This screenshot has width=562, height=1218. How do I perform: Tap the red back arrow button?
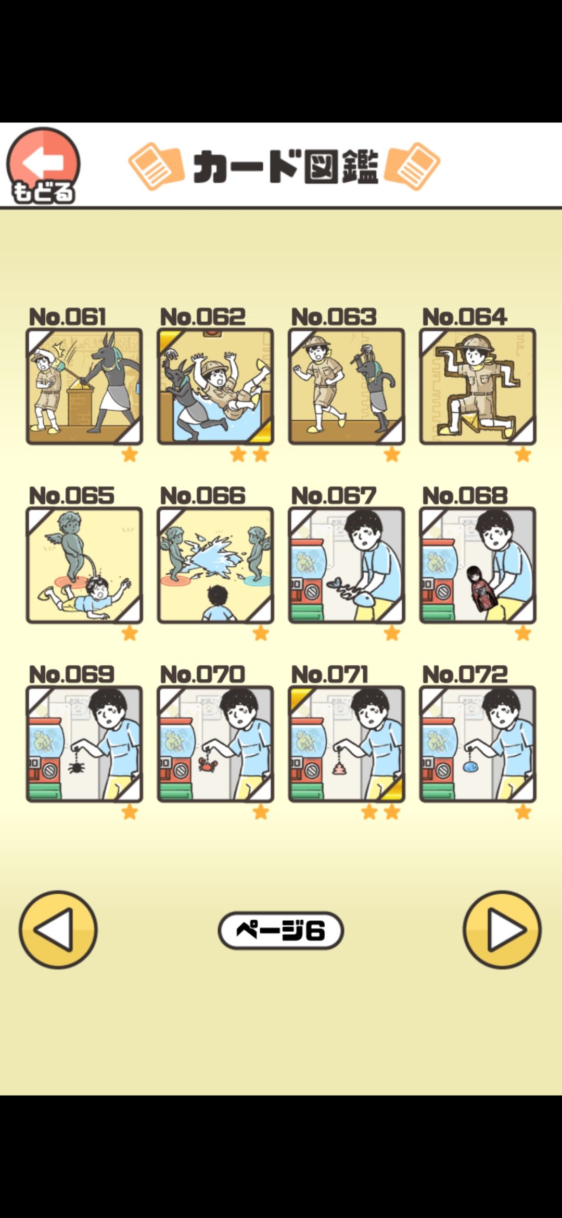point(43,166)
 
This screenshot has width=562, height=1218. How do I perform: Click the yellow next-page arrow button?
point(502,930)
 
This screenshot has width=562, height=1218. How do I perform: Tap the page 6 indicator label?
point(281,930)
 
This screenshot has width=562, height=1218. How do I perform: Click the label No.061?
point(68,316)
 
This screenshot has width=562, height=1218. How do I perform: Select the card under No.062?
point(215,386)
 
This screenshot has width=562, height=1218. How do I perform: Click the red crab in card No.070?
point(207,764)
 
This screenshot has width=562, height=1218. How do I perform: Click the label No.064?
point(465,316)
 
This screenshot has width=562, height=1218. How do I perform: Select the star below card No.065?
point(130,633)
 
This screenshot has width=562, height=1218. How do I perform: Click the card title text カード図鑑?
point(285,167)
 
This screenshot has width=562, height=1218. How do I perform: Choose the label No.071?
point(330,674)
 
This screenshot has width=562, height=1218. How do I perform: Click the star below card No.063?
point(392,454)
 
